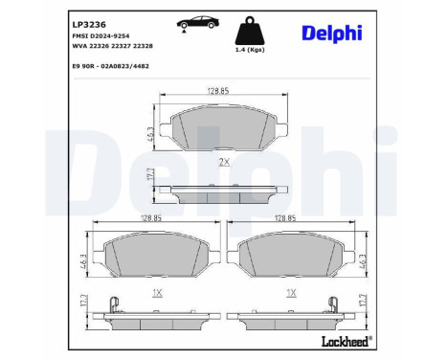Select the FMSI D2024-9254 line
101,36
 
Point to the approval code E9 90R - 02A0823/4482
111,66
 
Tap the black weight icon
250,31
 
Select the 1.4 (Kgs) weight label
250,50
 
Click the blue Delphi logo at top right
332,34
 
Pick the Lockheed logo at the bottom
346,342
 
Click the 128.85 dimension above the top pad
218,91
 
